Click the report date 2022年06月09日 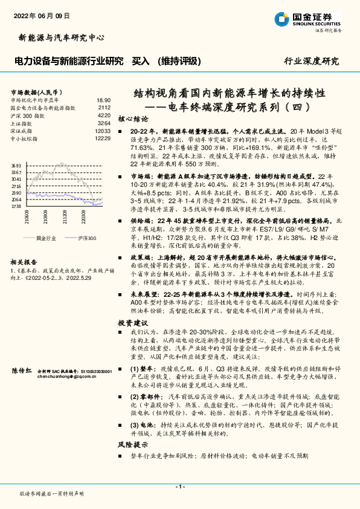(x=41, y=16)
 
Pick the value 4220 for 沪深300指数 (x=104, y=115)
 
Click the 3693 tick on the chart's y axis (x=16, y=166)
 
